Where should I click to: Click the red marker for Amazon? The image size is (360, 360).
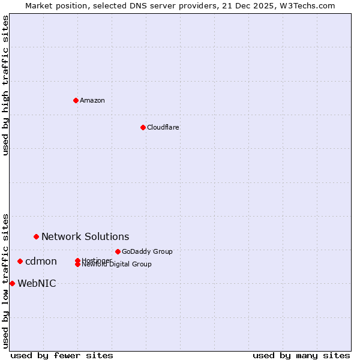pos(76,100)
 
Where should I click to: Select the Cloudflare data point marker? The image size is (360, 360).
pos(143,127)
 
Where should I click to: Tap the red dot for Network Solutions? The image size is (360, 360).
pos(36,236)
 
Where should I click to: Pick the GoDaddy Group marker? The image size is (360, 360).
pos(118,251)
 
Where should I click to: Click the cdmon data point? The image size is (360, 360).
pos(20,261)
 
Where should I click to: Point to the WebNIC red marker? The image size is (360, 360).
pos(12,283)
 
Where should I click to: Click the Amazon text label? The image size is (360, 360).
pos(92,100)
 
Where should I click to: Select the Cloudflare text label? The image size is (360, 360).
pos(163,127)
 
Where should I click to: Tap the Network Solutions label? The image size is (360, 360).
pos(85,236)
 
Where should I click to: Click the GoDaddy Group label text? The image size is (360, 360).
pos(147,251)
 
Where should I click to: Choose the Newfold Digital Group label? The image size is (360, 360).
pos(117,265)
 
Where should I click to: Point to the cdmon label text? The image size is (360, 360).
pos(41,261)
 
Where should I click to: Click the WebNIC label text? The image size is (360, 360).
pos(37,283)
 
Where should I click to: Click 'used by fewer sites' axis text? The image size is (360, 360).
pos(62,355)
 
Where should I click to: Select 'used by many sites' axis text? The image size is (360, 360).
pos(301,355)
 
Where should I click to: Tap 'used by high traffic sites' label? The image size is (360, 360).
pos(6,85)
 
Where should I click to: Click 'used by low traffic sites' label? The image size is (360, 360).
pos(6,280)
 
